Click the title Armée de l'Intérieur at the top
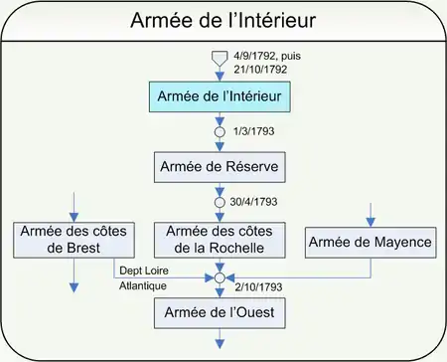click(223, 20)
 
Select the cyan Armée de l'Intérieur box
click(220, 96)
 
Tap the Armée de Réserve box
click(220, 167)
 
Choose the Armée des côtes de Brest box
click(74, 240)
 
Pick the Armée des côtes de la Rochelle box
click(220, 240)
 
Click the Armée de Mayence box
click(371, 243)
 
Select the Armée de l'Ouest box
click(220, 313)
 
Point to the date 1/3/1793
click(254, 131)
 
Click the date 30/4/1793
click(253, 202)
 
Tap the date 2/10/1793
click(258, 287)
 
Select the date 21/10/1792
click(260, 70)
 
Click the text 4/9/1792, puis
click(267, 56)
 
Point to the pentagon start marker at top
click(220, 58)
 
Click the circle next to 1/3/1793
click(220, 132)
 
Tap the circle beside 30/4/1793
click(220, 203)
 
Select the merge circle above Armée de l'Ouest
click(220, 277)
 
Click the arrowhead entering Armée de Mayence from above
click(371, 223)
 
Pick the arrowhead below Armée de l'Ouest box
click(220, 344)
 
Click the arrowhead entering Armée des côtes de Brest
click(74, 218)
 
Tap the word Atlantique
click(143, 285)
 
